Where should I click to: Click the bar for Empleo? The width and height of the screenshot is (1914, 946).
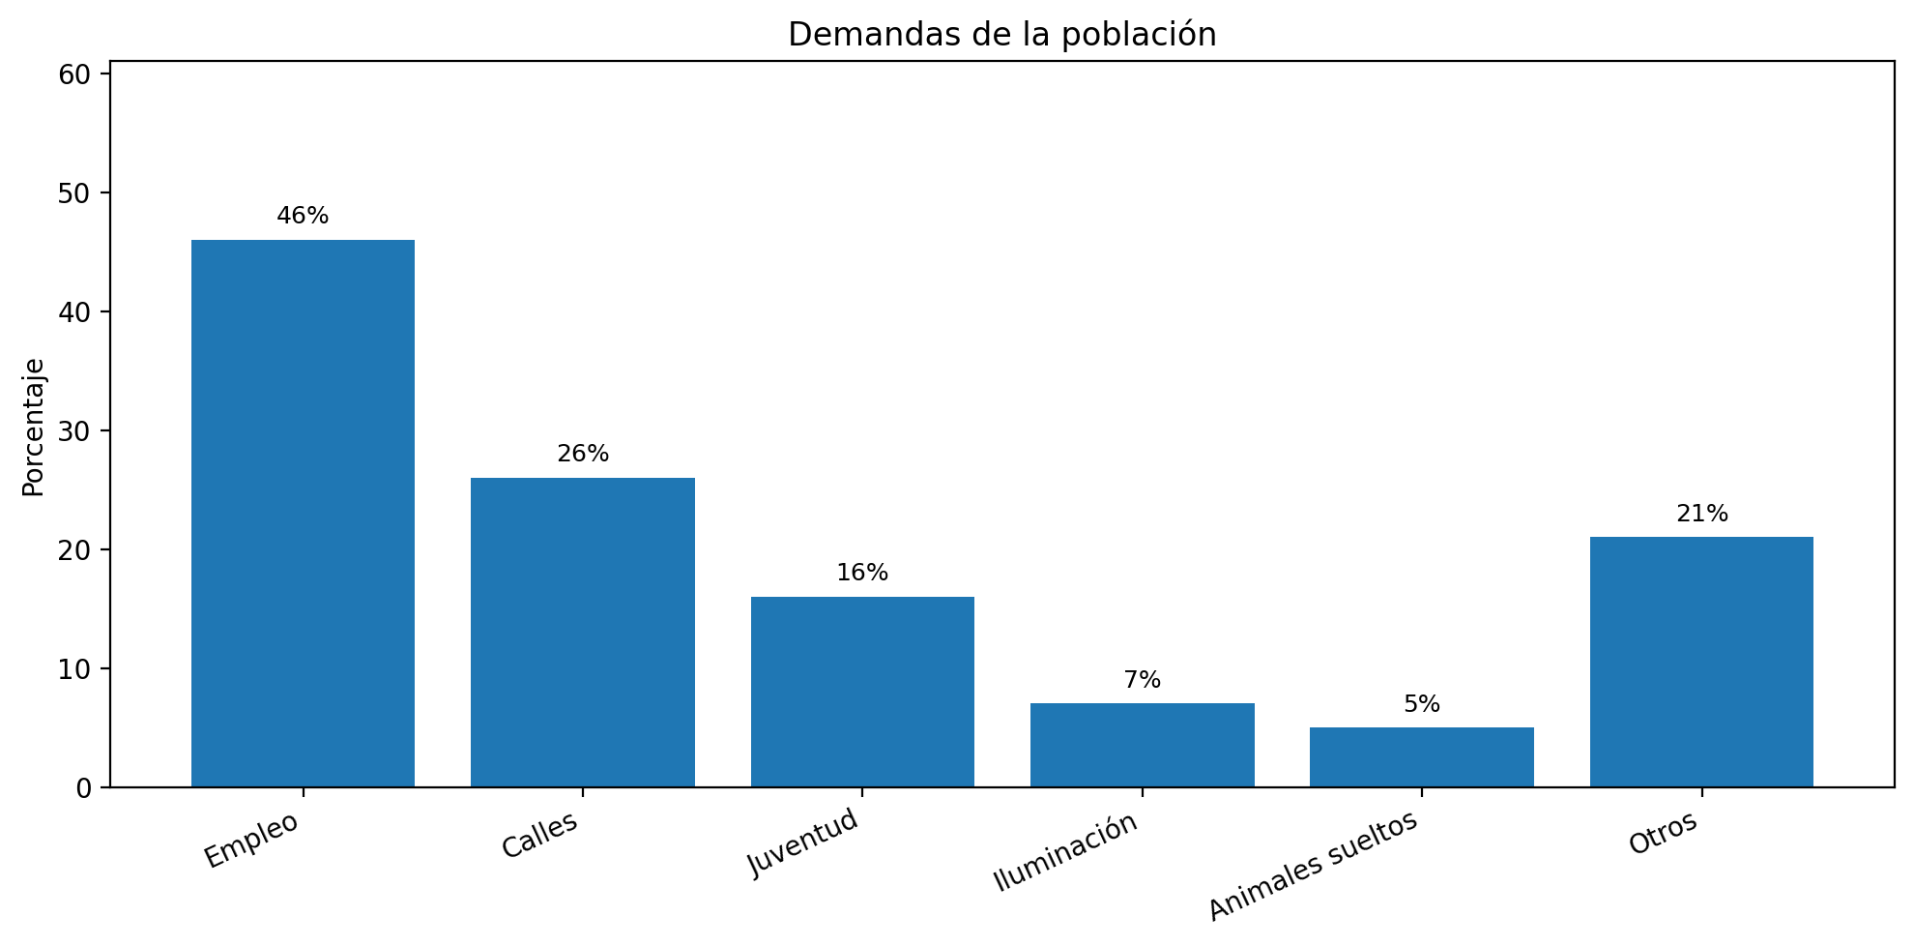pyautogui.click(x=303, y=513)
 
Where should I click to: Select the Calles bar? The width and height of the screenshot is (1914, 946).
pyautogui.click(x=582, y=632)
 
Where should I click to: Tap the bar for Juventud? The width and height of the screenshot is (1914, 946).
pyautogui.click(x=862, y=692)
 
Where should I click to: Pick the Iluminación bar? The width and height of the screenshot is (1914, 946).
pyautogui.click(x=1142, y=745)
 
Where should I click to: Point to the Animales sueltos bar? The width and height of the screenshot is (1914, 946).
pyautogui.click(x=1421, y=756)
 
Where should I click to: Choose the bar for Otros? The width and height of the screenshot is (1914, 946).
pyautogui.click(x=1701, y=662)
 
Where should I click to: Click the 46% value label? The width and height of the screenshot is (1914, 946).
pyautogui.click(x=303, y=216)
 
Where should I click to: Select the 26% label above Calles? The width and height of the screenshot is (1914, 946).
pyautogui.click(x=583, y=454)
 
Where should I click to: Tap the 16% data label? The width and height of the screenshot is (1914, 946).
pyautogui.click(x=862, y=573)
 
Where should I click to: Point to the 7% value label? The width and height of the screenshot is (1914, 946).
pyautogui.click(x=1142, y=680)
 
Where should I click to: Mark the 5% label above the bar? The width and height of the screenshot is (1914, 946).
pyautogui.click(x=1421, y=704)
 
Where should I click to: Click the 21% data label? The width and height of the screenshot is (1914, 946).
pyautogui.click(x=1701, y=514)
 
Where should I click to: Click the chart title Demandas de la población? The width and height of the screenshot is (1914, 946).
pyautogui.click(x=1001, y=35)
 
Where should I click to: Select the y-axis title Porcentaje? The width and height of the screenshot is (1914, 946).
pyautogui.click(x=34, y=427)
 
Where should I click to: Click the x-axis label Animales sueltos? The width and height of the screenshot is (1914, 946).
pyautogui.click(x=1313, y=865)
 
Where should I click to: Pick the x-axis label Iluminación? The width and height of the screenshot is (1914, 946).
pyautogui.click(x=1066, y=852)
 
